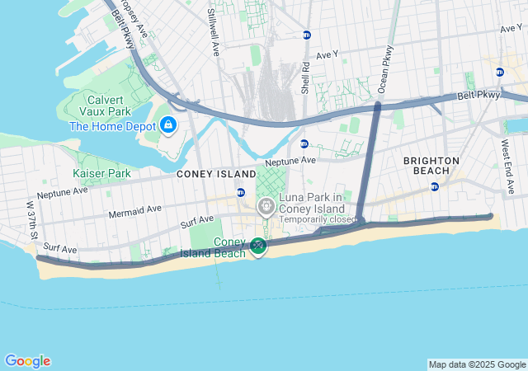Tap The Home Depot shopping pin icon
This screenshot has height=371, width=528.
tap(168, 126)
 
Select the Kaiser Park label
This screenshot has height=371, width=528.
tap(101, 174)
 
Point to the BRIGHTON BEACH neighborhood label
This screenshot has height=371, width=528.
tap(431, 165)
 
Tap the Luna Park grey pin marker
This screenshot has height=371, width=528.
tap(266, 207)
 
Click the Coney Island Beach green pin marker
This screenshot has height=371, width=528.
tap(258, 246)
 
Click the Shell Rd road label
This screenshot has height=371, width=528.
tap(304, 75)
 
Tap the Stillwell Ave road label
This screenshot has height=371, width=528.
tap(213, 32)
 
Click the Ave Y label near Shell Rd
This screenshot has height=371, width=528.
tap(327, 54)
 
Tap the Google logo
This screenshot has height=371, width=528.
tap(27, 361)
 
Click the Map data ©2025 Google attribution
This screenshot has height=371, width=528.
tap(477, 364)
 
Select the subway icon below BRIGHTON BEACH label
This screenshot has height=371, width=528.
tap(435, 186)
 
